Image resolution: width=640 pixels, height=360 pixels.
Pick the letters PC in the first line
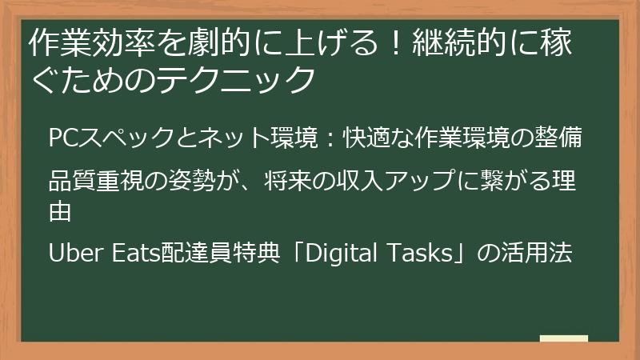coord(62,138)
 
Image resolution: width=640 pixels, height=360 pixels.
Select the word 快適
coord(366,138)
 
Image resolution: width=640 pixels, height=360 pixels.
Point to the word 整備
coord(570,138)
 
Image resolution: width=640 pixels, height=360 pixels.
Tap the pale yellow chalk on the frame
coord(563,338)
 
